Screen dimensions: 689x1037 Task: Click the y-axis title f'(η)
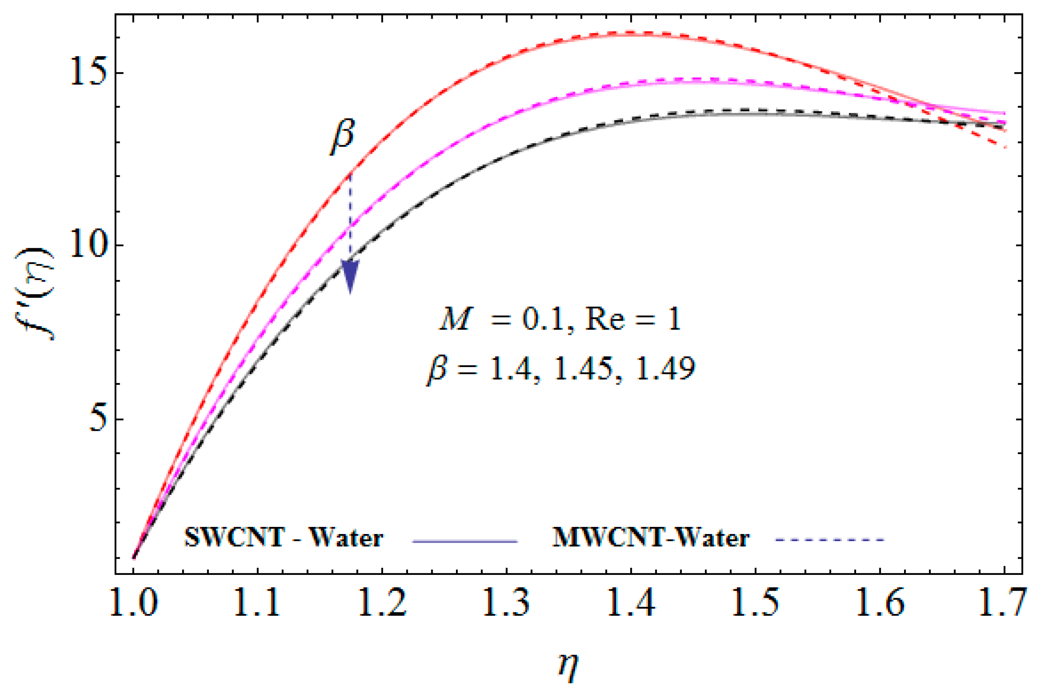(41, 295)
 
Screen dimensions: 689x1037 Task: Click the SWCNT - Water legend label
(284, 537)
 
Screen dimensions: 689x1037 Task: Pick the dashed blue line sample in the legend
(828, 539)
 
